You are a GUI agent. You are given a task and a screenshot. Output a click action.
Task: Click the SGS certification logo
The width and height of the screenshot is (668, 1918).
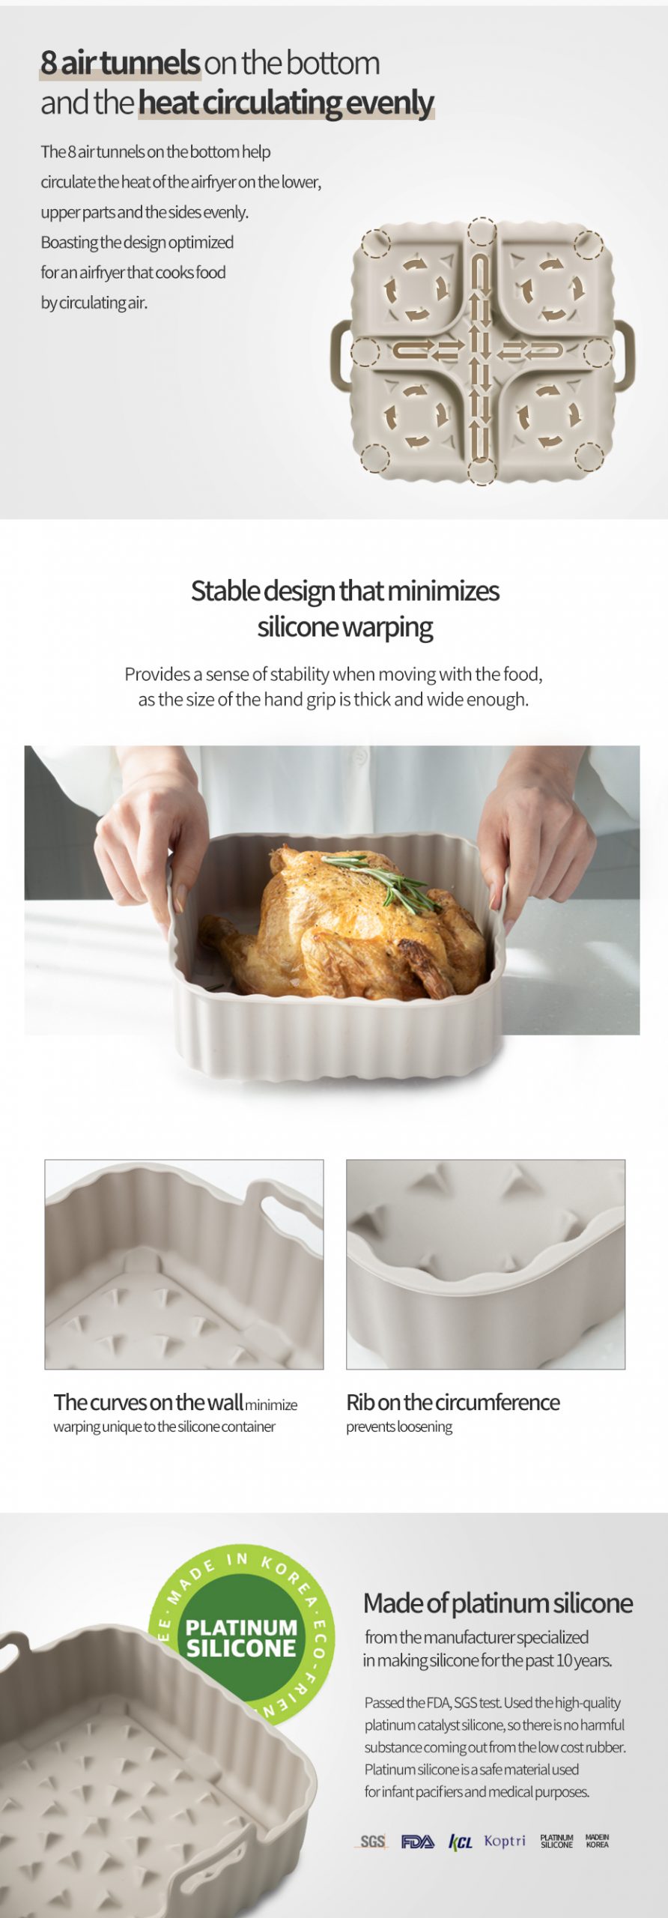[x=372, y=1841]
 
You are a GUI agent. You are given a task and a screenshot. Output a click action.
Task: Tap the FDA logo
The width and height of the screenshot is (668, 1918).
[x=417, y=1841]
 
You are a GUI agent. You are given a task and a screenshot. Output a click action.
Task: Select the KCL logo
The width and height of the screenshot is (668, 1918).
[x=461, y=1842]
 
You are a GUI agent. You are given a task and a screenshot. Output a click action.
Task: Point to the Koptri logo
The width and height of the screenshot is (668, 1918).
[x=505, y=1840]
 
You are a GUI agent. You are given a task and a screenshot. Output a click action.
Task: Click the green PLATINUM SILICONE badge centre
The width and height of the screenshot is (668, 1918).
[x=241, y=1637]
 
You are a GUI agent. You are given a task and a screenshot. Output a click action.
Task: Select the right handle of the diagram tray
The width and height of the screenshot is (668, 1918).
[x=625, y=352]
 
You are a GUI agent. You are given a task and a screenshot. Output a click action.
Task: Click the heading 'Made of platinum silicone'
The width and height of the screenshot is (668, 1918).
[x=498, y=1603]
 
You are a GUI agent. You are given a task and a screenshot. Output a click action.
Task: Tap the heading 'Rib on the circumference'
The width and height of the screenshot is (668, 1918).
[x=453, y=1402]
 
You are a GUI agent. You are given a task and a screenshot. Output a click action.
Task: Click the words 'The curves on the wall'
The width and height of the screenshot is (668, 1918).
[x=148, y=1402]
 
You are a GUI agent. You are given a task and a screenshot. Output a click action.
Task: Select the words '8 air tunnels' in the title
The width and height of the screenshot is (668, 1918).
[x=120, y=63]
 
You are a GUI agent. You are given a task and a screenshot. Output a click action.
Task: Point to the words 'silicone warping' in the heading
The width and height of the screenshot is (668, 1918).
[x=345, y=627]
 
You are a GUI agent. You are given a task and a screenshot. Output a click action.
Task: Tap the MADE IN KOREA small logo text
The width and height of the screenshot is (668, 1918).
[x=597, y=1841]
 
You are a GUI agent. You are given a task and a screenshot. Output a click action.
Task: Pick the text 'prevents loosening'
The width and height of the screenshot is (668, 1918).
[x=399, y=1427]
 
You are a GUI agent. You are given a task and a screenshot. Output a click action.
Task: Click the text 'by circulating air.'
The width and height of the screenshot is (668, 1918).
[x=94, y=303]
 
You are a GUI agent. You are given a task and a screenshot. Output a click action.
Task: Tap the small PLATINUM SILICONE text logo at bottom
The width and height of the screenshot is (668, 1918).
[x=556, y=1841]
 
